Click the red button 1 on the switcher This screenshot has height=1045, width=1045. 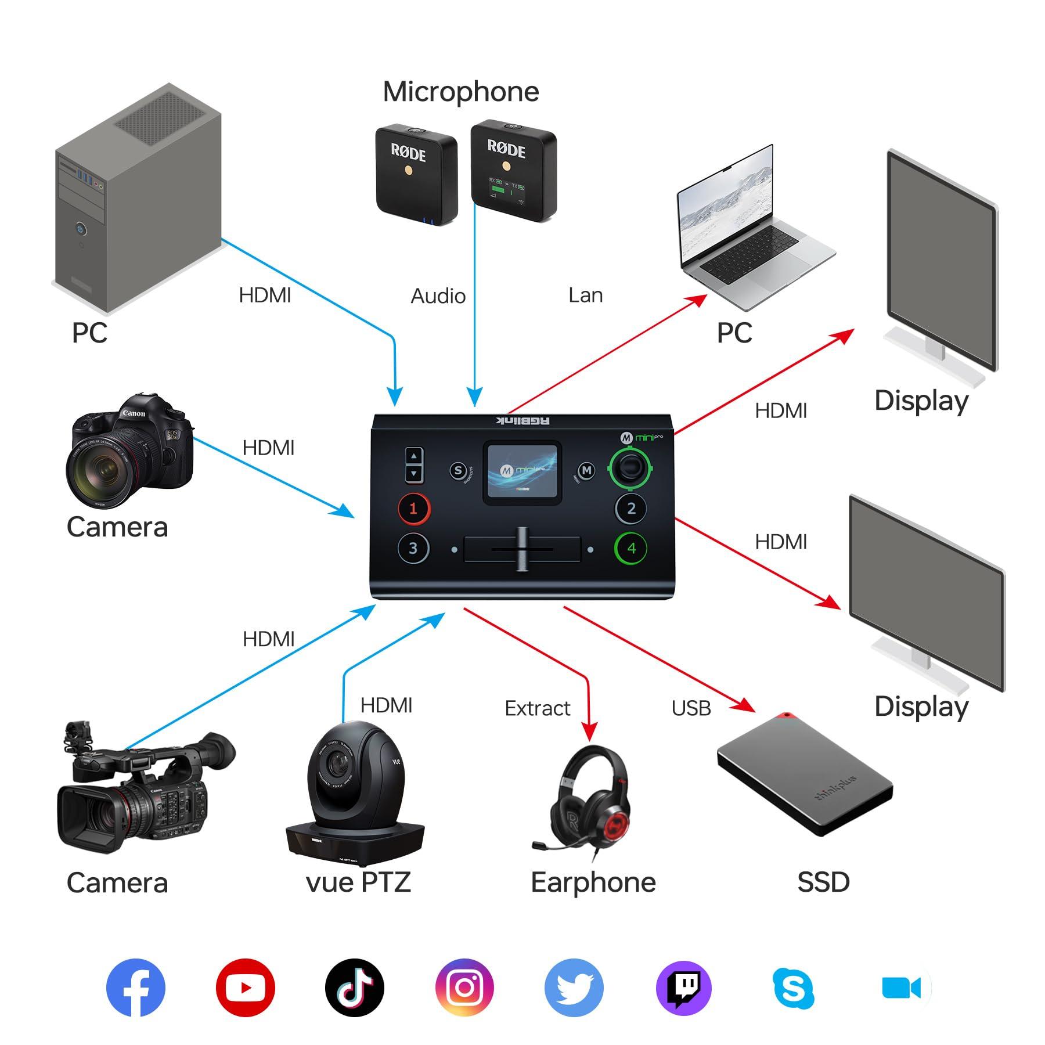point(413,509)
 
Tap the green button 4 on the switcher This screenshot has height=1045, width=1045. point(631,547)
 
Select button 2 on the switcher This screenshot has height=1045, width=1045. point(631,509)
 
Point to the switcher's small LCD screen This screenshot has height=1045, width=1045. point(522,471)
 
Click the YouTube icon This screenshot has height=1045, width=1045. point(245,987)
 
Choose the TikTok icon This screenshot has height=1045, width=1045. point(355,987)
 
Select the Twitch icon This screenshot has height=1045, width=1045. point(684,987)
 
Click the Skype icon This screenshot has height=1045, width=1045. point(794,987)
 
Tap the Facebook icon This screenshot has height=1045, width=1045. point(136,987)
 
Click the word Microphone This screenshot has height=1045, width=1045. point(461,92)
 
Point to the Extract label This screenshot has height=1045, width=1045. point(537,708)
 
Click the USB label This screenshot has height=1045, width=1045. point(691,708)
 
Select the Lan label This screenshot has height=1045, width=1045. point(585,296)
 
